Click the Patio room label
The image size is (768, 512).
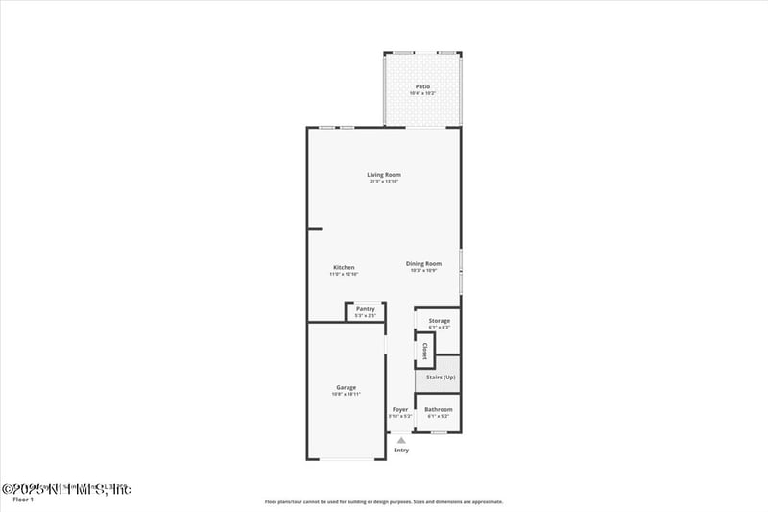pyautogui.click(x=422, y=86)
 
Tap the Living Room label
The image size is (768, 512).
pyautogui.click(x=383, y=175)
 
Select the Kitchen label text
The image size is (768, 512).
pyautogui.click(x=344, y=267)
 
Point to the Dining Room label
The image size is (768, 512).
pyautogui.click(x=423, y=263)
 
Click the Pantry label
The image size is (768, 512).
pyautogui.click(x=365, y=308)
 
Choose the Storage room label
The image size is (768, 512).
pyautogui.click(x=439, y=320)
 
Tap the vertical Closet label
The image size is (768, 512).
pyautogui.click(x=424, y=351)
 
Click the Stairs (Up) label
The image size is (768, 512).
pyautogui.click(x=441, y=377)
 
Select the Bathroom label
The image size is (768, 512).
pyautogui.click(x=439, y=409)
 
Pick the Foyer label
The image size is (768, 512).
pyautogui.click(x=400, y=409)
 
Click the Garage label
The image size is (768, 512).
pyautogui.click(x=346, y=387)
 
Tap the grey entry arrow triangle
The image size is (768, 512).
pyautogui.click(x=401, y=440)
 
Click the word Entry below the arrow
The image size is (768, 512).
pyautogui.click(x=401, y=451)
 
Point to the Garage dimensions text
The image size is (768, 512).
pyautogui.click(x=346, y=395)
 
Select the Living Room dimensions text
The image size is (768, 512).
pyautogui.click(x=383, y=182)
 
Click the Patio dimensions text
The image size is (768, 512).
pyautogui.click(x=422, y=93)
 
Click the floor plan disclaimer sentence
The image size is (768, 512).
pyautogui.click(x=384, y=501)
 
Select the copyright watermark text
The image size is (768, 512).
pyautogui.click(x=66, y=489)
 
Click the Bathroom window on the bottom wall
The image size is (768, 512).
pyautogui.click(x=438, y=432)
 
